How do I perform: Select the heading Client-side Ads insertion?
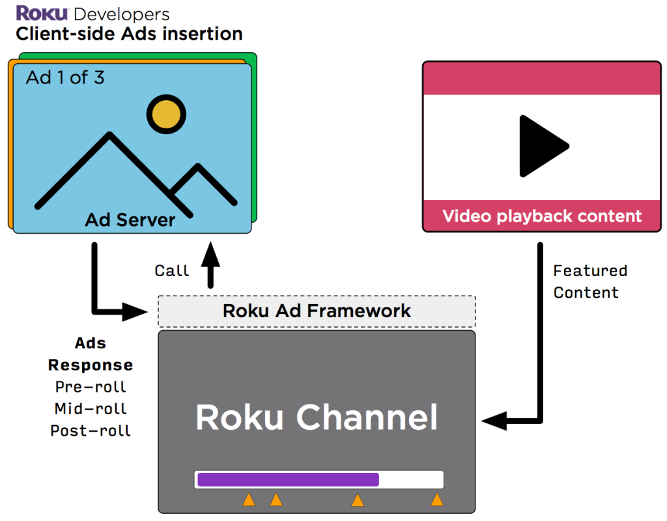(x=129, y=34)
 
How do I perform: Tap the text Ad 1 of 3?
(x=65, y=78)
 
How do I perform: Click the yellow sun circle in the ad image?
(x=166, y=115)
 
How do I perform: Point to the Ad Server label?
(x=130, y=220)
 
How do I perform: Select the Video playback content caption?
(x=542, y=216)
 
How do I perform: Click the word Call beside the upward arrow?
(x=172, y=270)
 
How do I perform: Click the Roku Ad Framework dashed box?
(x=317, y=311)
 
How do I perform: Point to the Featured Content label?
(x=589, y=281)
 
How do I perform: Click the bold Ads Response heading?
(x=91, y=354)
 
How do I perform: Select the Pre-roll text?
(x=91, y=387)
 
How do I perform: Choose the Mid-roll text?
(x=91, y=409)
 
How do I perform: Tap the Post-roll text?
(x=91, y=431)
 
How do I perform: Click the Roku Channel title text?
(x=317, y=417)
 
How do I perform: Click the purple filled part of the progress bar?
(x=288, y=479)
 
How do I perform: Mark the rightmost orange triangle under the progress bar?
(x=436, y=500)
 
